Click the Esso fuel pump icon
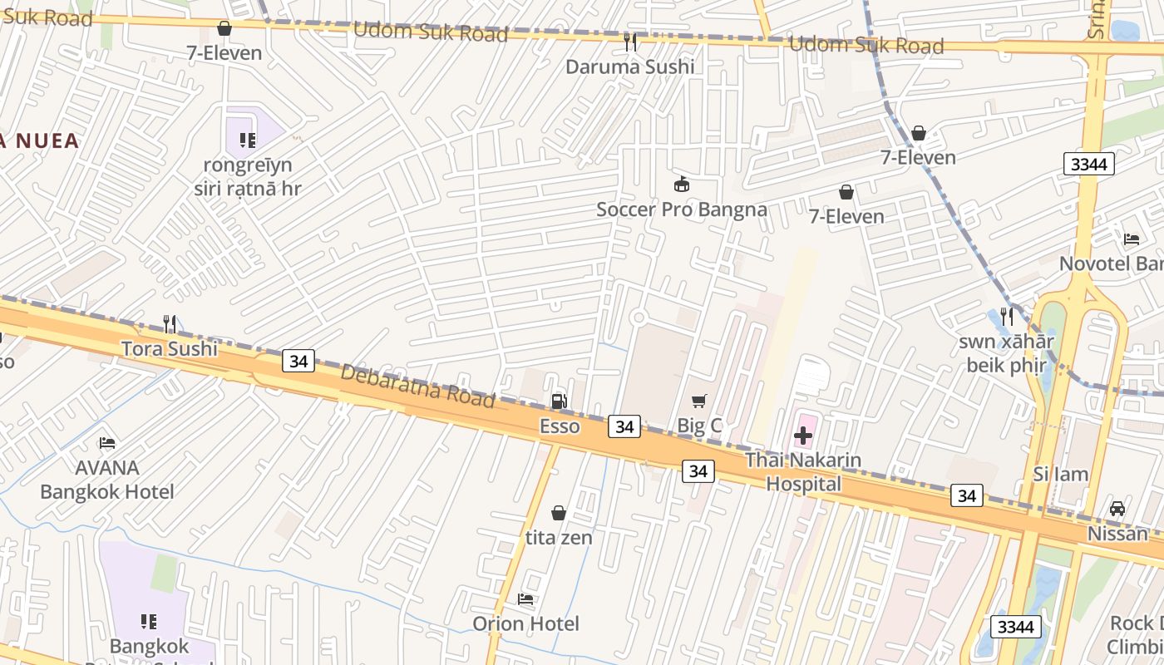pyautogui.click(x=560, y=401)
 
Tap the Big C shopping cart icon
pyautogui.click(x=699, y=401)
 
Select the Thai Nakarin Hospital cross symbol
pyautogui.click(x=803, y=435)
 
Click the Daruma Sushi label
pyautogui.click(x=629, y=66)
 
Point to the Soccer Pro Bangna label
pyautogui.click(x=681, y=209)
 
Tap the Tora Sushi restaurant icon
pyautogui.click(x=170, y=323)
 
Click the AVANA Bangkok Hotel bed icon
pyautogui.click(x=107, y=443)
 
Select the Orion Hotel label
pyautogui.click(x=525, y=623)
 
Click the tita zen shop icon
pyautogui.click(x=559, y=513)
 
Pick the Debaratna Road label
pyautogui.click(x=417, y=386)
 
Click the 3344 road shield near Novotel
pyautogui.click(x=1088, y=164)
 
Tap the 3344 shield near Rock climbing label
pyautogui.click(x=1015, y=626)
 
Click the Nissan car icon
pyautogui.click(x=1117, y=509)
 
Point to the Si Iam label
pyautogui.click(x=1060, y=475)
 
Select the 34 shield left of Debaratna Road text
pyautogui.click(x=298, y=361)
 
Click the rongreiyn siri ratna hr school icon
pyautogui.click(x=247, y=140)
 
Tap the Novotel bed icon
pyautogui.click(x=1132, y=239)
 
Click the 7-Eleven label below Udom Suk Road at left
pyautogui.click(x=224, y=53)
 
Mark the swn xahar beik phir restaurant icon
pyautogui.click(x=1007, y=316)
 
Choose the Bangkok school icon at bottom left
pyautogui.click(x=149, y=621)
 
